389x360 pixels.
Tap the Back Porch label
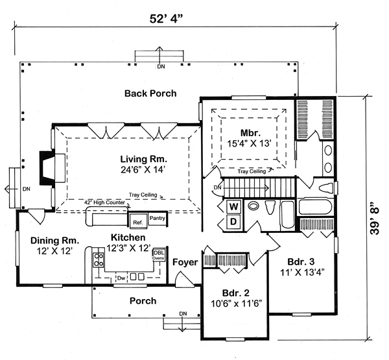pyautogui.click(x=150, y=93)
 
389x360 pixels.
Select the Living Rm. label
pyautogui.click(x=143, y=159)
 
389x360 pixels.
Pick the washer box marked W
pyautogui.click(x=235, y=207)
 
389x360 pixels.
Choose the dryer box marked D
pyautogui.click(x=235, y=222)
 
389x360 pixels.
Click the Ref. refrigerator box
pyautogui.click(x=137, y=222)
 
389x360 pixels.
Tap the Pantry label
pyautogui.click(x=158, y=219)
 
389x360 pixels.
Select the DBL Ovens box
pyautogui.click(x=158, y=255)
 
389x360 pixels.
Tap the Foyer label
pyautogui.click(x=185, y=262)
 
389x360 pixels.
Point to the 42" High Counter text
pyautogui.click(x=105, y=202)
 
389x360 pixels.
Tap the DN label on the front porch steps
pyautogui.click(x=183, y=314)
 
